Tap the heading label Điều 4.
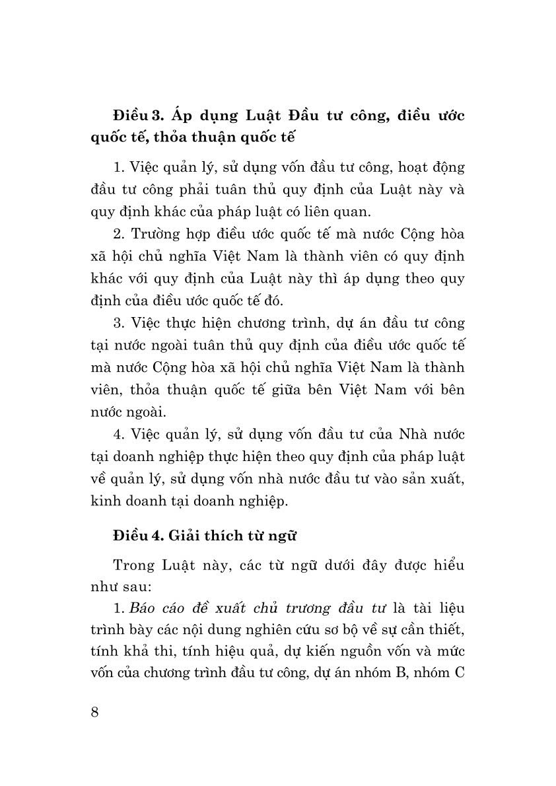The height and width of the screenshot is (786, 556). [x=137, y=536]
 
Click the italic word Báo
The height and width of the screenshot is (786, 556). [x=145, y=608]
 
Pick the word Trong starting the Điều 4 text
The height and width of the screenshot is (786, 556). [x=134, y=567]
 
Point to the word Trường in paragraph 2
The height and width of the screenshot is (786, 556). [x=155, y=234]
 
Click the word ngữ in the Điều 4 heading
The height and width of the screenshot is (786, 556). [x=285, y=536]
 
